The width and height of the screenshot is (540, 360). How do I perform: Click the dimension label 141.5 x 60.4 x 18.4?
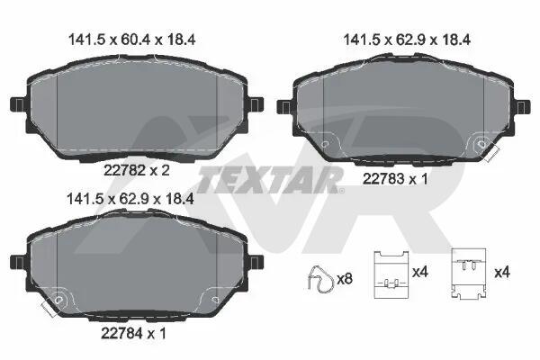132,40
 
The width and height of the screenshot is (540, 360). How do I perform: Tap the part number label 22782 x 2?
137,170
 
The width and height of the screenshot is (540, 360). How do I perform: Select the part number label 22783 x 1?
395,179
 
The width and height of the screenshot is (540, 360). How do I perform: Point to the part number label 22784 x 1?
134,333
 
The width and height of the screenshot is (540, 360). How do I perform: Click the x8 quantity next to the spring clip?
345,279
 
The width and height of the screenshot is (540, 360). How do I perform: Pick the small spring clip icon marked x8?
321,280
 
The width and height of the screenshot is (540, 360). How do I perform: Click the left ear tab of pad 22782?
18,104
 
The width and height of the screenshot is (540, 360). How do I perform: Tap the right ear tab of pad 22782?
256,104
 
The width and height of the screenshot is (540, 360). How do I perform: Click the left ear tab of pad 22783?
284,107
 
